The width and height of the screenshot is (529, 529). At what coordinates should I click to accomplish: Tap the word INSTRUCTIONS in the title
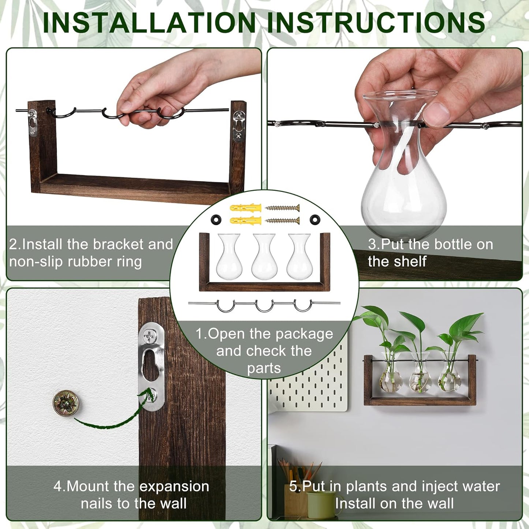(376, 23)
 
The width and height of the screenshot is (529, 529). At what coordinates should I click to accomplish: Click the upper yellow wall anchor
(246, 208)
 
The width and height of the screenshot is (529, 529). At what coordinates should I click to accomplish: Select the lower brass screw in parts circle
(282, 221)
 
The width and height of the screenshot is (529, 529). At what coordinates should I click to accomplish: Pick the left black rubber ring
(216, 220)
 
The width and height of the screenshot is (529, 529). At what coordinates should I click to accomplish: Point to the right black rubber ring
(314, 220)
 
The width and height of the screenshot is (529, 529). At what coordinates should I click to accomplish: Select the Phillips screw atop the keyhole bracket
(150, 334)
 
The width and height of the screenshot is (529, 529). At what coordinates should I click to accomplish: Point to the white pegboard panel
(311, 388)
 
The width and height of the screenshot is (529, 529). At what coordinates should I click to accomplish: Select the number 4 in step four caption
(57, 487)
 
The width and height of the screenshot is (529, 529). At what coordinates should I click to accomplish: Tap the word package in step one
(304, 334)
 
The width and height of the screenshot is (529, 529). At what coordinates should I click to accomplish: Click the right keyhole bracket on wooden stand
(239, 126)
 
